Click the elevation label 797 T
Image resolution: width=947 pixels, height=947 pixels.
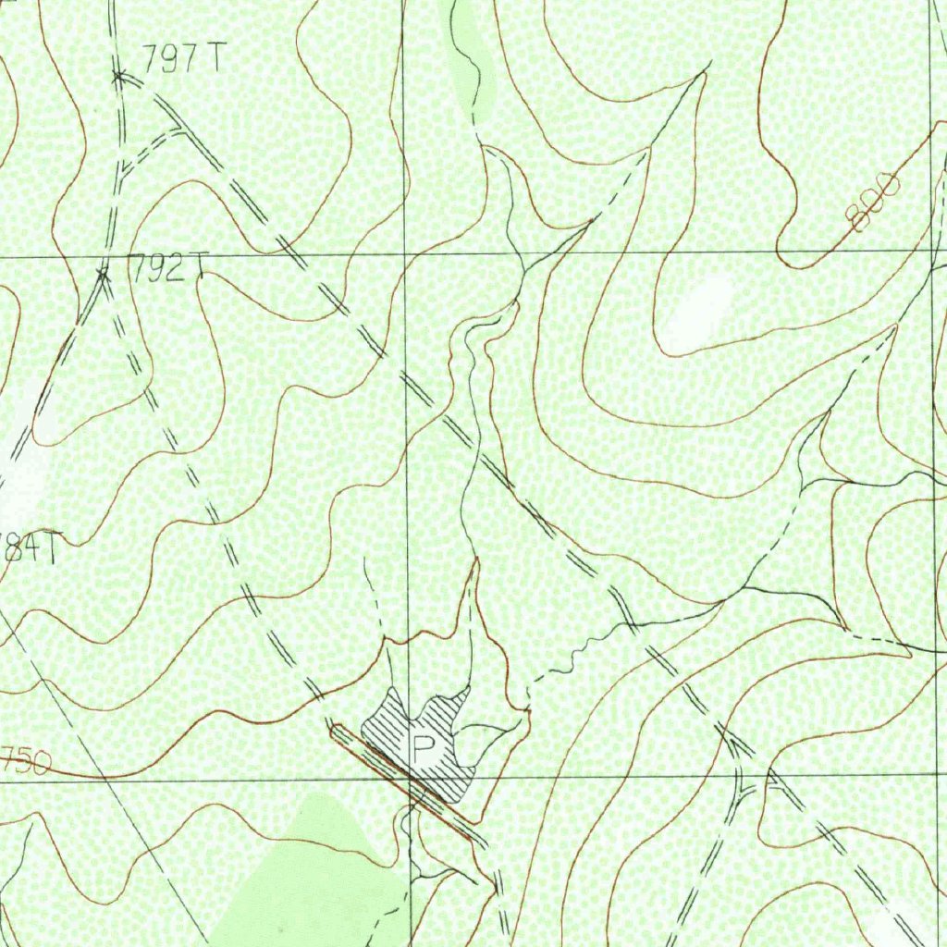point(182,59)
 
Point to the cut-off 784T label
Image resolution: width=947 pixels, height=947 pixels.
point(28,547)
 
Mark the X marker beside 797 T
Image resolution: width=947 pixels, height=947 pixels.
point(118,77)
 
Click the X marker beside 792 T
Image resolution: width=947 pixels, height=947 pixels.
point(104,272)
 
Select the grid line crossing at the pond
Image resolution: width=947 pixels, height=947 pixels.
point(408,780)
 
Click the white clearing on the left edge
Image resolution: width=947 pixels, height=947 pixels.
point(23,472)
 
